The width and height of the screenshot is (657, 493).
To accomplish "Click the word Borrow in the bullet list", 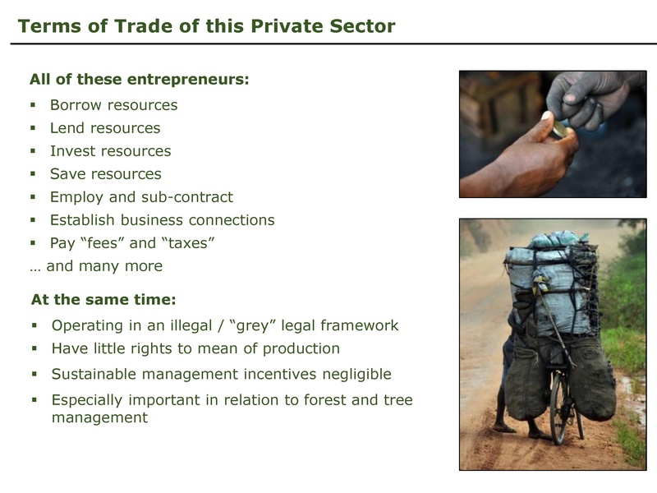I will point(77,105).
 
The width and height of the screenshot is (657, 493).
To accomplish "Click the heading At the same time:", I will point(103,298).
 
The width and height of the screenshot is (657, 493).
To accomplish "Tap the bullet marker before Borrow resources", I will point(33,105).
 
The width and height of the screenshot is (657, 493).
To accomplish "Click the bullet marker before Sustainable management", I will point(34,375).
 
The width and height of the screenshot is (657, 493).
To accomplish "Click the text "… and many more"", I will point(96,266).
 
